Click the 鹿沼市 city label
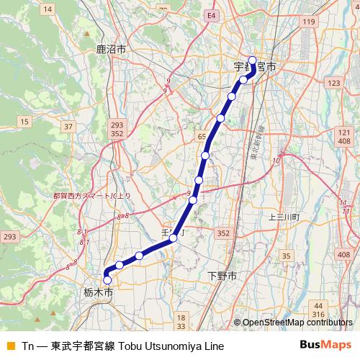click(x=111, y=50)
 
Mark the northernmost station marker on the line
click(x=252, y=60)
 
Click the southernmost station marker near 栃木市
click(x=107, y=280)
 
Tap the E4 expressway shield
click(x=210, y=14)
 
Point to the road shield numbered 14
click(x=48, y=9)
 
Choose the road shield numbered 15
click(x=24, y=122)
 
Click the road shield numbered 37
click(x=68, y=127)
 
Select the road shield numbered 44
click(x=319, y=306)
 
